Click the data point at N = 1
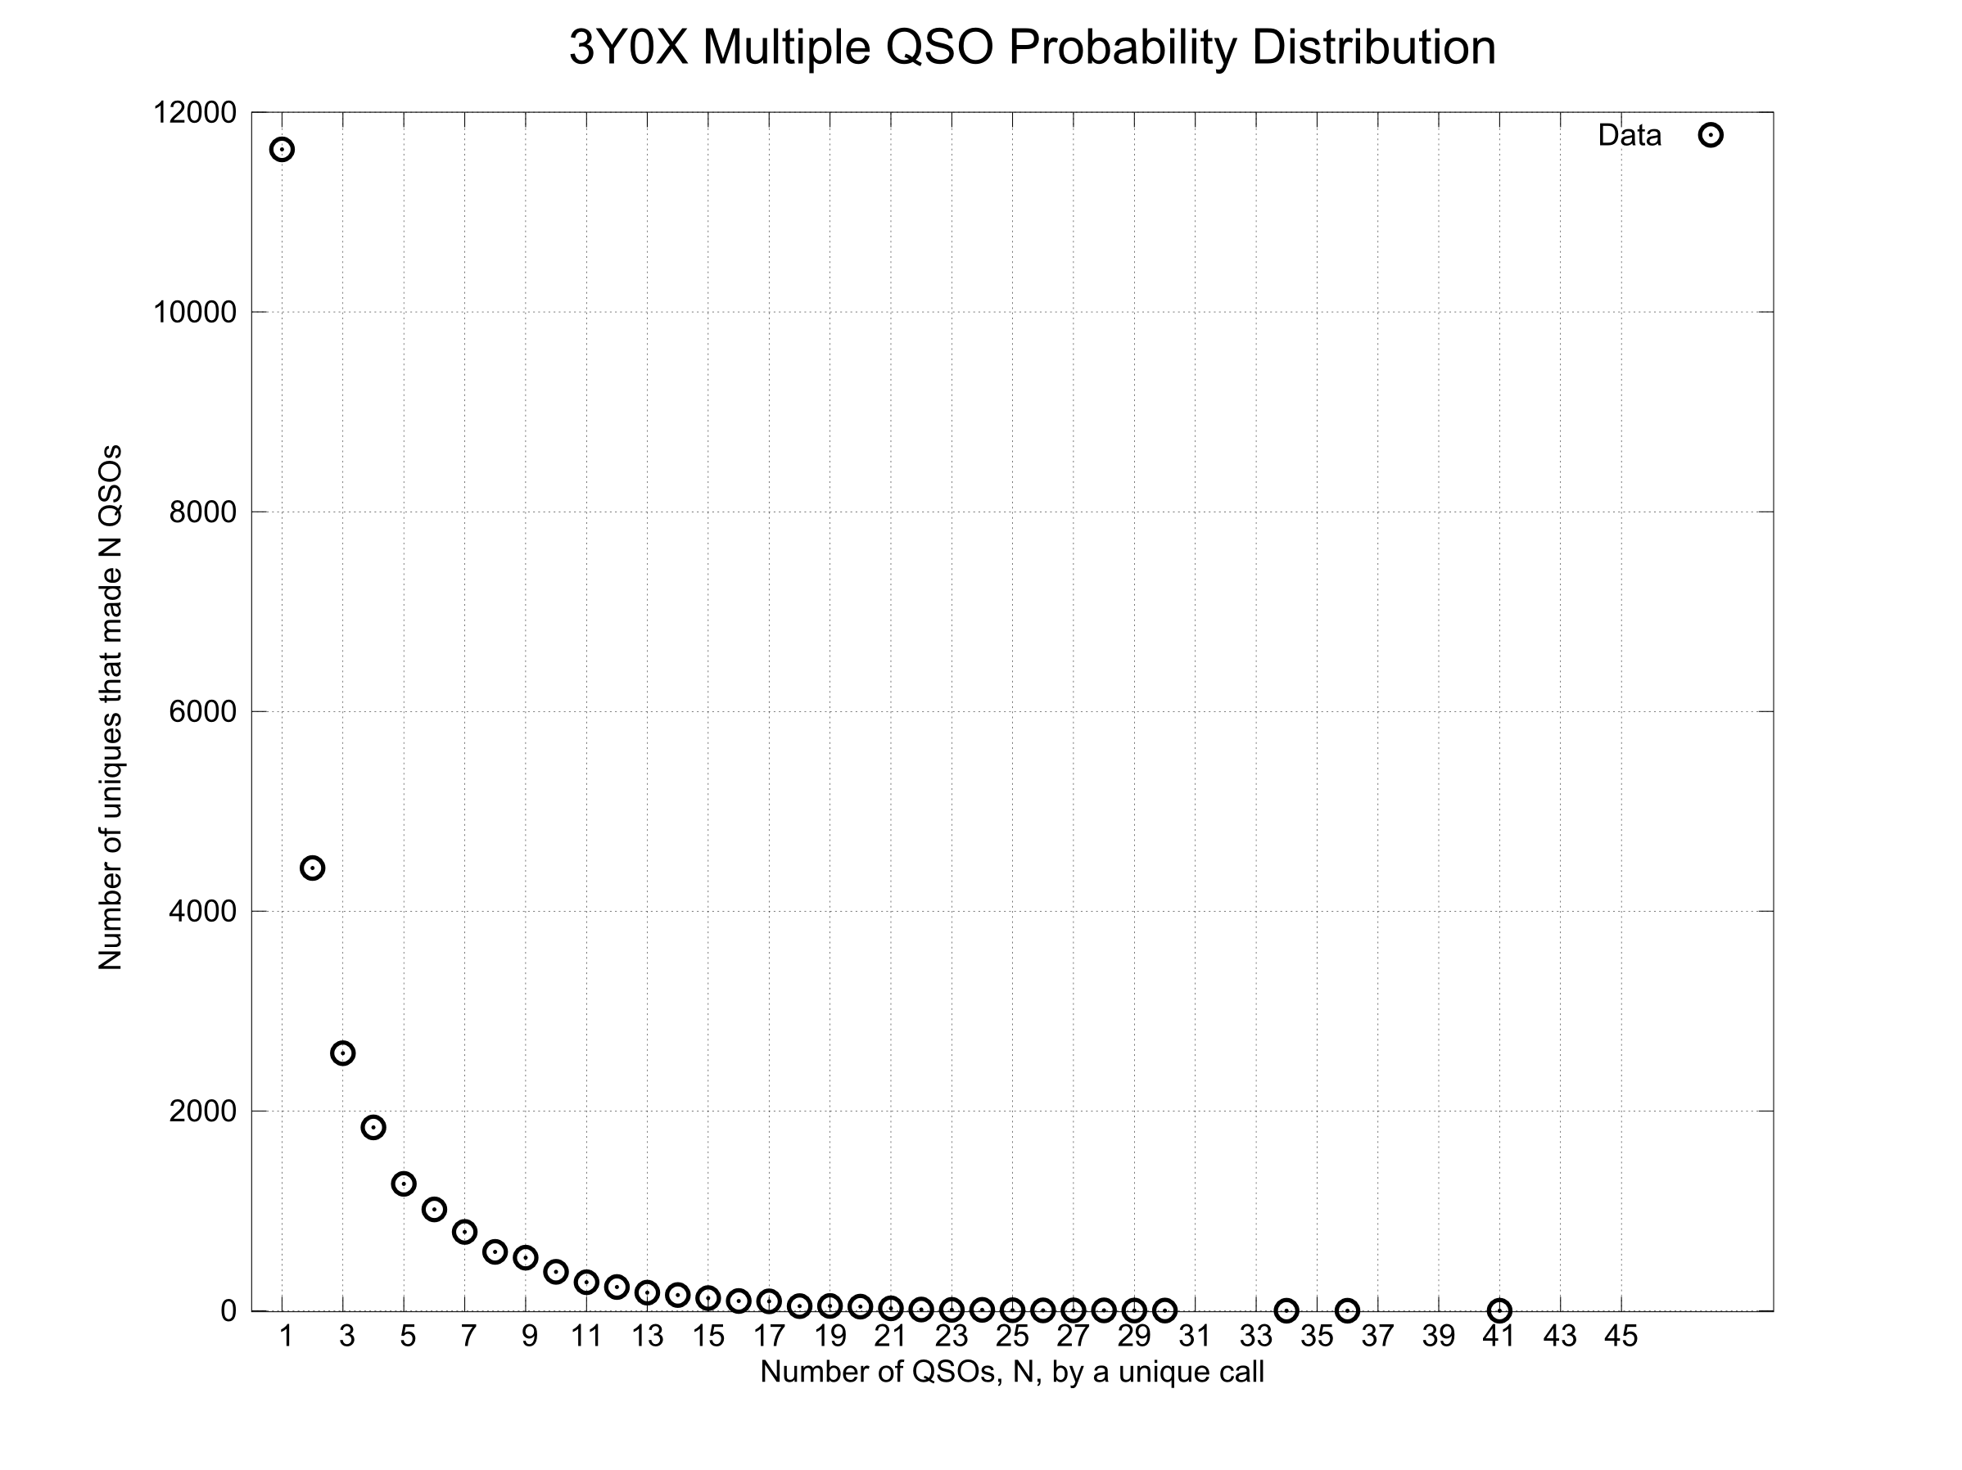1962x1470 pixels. click(x=282, y=150)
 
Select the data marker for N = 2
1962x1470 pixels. click(x=312, y=868)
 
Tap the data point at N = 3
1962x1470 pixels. click(x=343, y=1053)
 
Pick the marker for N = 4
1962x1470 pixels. click(x=373, y=1128)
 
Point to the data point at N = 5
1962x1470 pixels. click(x=404, y=1184)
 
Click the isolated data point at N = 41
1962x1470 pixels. click(x=1499, y=1310)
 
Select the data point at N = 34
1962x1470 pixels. click(x=1286, y=1310)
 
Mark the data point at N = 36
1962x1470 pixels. click(x=1347, y=1310)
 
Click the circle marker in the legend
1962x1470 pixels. click(x=1711, y=136)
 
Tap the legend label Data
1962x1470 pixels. click(x=1630, y=136)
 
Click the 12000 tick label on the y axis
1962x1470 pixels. click(x=195, y=113)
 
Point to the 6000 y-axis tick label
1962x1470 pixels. click(x=203, y=711)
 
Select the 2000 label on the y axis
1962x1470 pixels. click(x=203, y=1111)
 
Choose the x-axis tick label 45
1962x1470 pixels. click(x=1621, y=1336)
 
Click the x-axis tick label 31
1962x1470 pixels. click(x=1195, y=1336)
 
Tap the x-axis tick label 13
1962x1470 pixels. click(x=648, y=1336)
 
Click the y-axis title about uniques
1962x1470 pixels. click(x=110, y=707)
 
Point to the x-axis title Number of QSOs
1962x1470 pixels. click(x=1012, y=1373)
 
